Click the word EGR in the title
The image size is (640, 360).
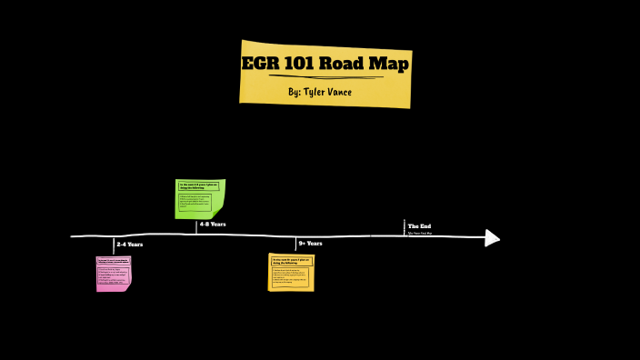pyautogui.click(x=263, y=65)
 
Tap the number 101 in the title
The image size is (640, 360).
pyautogui.click(x=304, y=65)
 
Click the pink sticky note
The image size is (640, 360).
pyautogui.click(x=114, y=273)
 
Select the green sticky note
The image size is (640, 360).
pyautogui.click(x=199, y=198)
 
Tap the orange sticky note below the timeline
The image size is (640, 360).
pyautogui.click(x=291, y=272)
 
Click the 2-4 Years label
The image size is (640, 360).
pyautogui.click(x=129, y=245)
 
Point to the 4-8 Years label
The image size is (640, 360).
pyautogui.click(x=213, y=224)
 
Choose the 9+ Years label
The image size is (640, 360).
pyautogui.click(x=310, y=244)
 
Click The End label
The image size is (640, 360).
pyautogui.click(x=419, y=226)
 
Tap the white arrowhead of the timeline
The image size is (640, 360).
pyautogui.click(x=492, y=238)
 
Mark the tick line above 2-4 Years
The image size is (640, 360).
pyautogui.click(x=114, y=245)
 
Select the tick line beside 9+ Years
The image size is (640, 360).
pyautogui.click(x=295, y=244)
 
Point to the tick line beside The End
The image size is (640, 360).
pyautogui.click(x=405, y=227)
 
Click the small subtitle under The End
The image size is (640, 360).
pyautogui.click(x=420, y=234)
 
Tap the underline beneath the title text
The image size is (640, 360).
pyautogui.click(x=325, y=77)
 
